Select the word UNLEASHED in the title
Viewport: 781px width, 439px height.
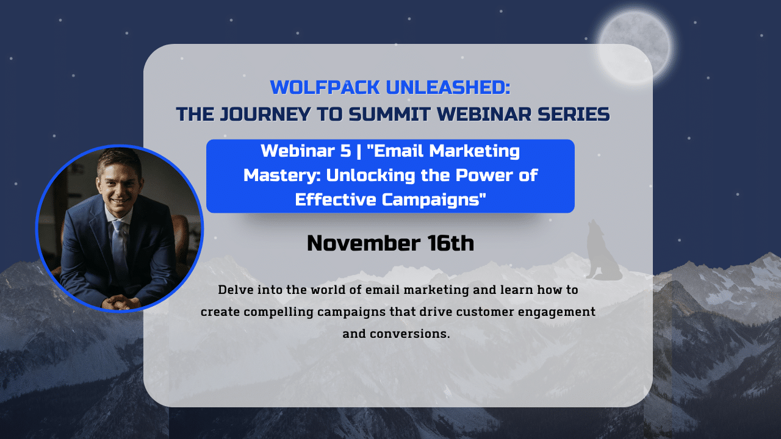448,87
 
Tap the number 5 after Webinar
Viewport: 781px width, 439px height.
345,151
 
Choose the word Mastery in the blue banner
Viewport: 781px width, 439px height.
281,175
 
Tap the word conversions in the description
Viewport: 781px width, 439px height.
409,334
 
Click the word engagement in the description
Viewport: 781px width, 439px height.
556,312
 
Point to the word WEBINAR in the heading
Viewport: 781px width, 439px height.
484,114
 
